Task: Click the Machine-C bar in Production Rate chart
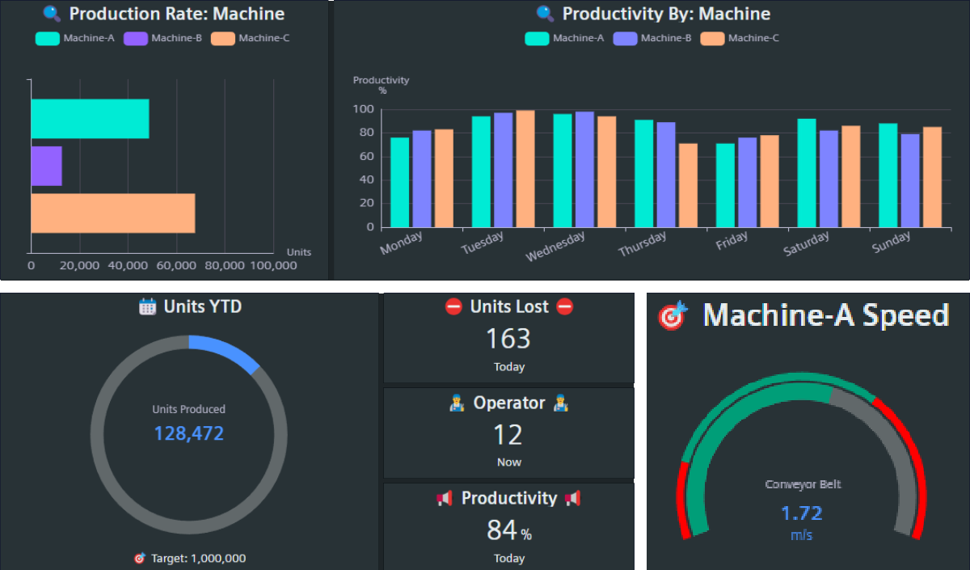tap(113, 213)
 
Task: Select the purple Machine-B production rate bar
tap(46, 166)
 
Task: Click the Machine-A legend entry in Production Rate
tap(75, 38)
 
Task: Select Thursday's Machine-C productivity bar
tap(688, 185)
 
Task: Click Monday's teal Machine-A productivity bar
tap(400, 182)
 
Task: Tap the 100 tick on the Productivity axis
tap(363, 109)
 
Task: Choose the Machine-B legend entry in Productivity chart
tap(652, 38)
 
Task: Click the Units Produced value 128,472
tap(188, 433)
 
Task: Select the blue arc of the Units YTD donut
tap(226, 351)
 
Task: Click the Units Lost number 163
tap(508, 339)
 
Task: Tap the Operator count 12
tap(508, 435)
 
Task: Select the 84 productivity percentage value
tap(502, 530)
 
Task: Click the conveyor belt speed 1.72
tap(801, 513)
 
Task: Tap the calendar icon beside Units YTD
tap(147, 306)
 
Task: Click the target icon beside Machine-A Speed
tap(673, 315)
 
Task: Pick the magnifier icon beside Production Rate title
tap(52, 14)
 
